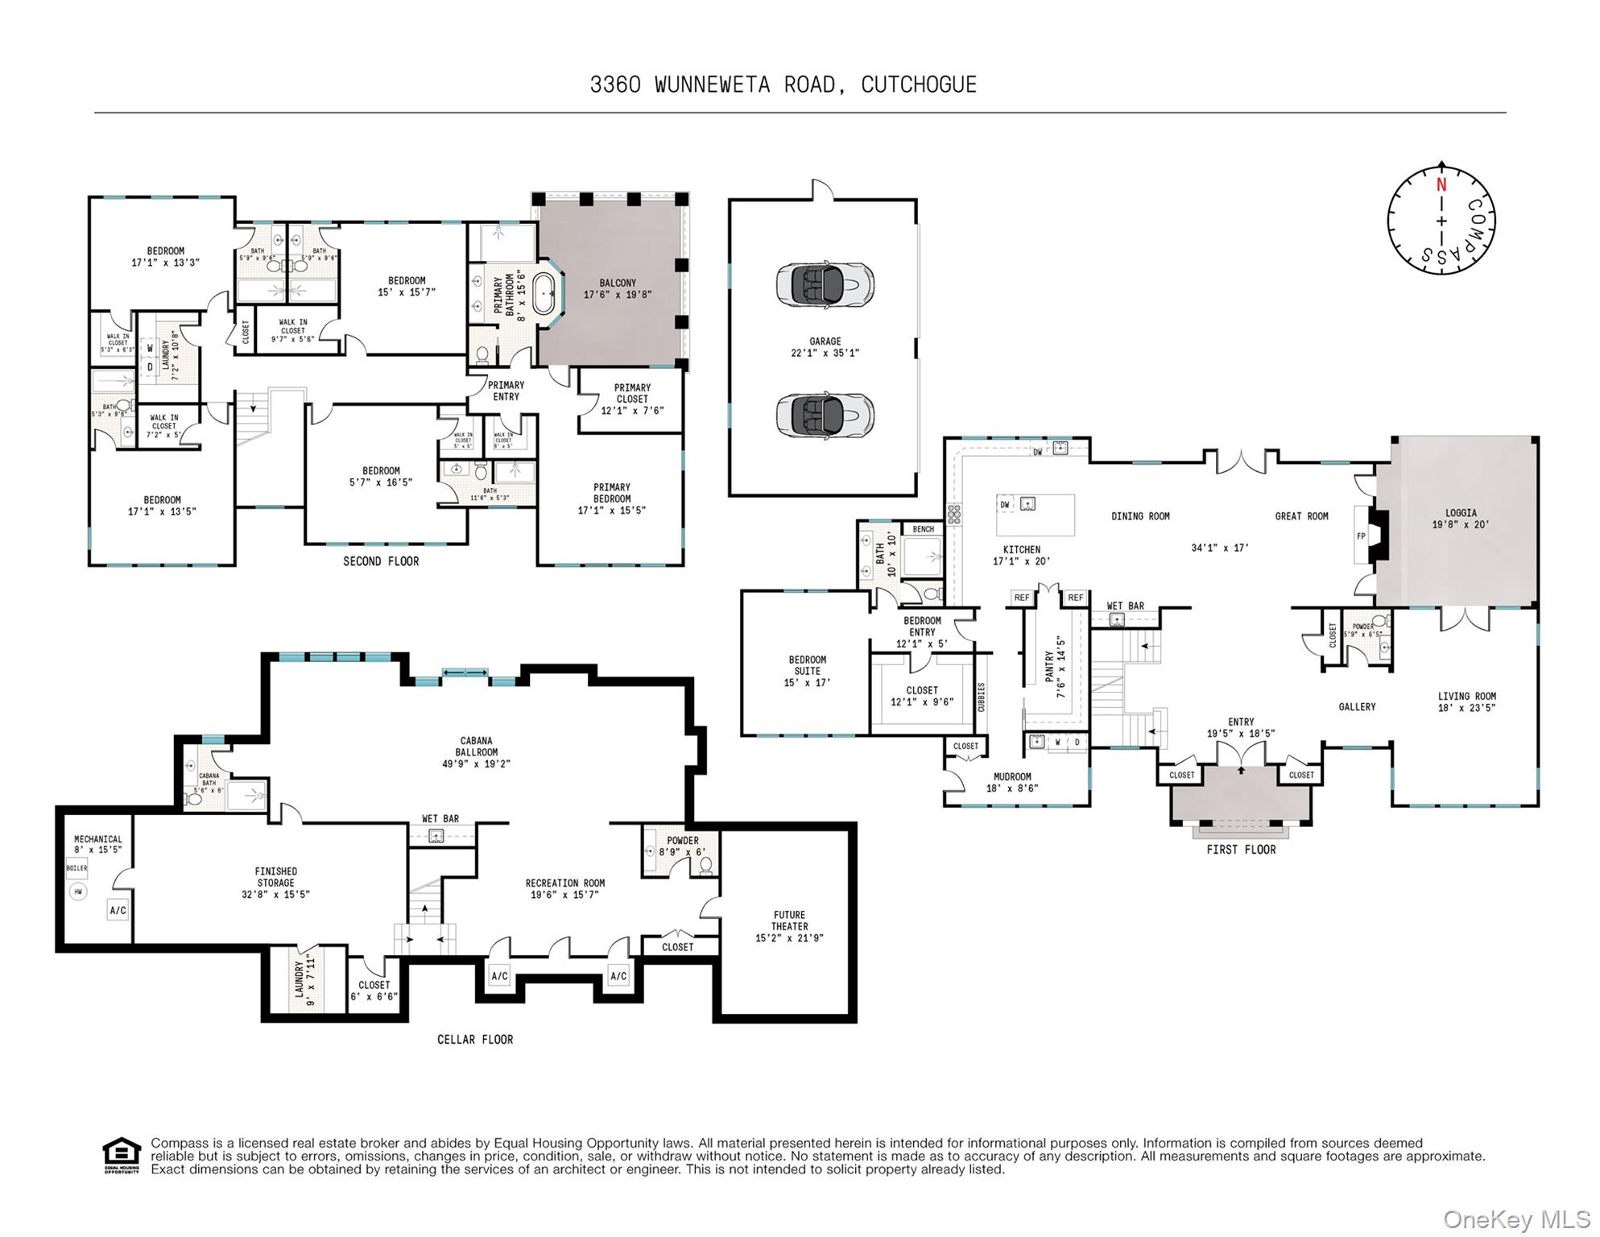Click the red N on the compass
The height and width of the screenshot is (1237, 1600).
(1441, 184)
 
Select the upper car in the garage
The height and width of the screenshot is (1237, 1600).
(825, 283)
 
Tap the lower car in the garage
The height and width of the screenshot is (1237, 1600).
(825, 416)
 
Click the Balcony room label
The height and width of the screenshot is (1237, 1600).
(618, 283)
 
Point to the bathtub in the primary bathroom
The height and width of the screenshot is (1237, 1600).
(545, 294)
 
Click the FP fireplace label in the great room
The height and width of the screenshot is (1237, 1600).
(1362, 536)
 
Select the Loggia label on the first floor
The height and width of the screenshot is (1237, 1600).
(1461, 512)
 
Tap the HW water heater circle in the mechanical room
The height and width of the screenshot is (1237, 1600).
(78, 892)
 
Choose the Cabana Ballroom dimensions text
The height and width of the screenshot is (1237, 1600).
(477, 763)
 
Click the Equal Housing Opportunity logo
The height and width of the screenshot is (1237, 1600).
(122, 1155)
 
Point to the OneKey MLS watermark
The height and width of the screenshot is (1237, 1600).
(1517, 1219)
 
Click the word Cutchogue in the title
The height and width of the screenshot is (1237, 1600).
(919, 85)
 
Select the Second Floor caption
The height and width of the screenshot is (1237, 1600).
(381, 561)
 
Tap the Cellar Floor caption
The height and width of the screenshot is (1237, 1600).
(475, 1039)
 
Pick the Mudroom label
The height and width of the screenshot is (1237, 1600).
(1012, 776)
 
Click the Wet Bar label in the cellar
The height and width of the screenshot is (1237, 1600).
(440, 818)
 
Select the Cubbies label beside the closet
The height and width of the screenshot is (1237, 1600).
(981, 697)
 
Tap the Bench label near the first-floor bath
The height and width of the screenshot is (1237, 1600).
(924, 529)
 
